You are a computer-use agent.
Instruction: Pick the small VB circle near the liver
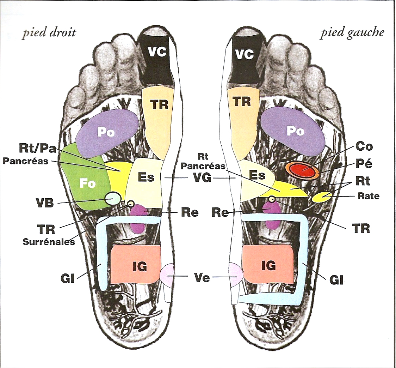[113, 199]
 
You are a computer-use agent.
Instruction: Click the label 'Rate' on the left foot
[369, 196]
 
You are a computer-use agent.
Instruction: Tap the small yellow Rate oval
[322, 197]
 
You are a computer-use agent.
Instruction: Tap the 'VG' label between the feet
[202, 179]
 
